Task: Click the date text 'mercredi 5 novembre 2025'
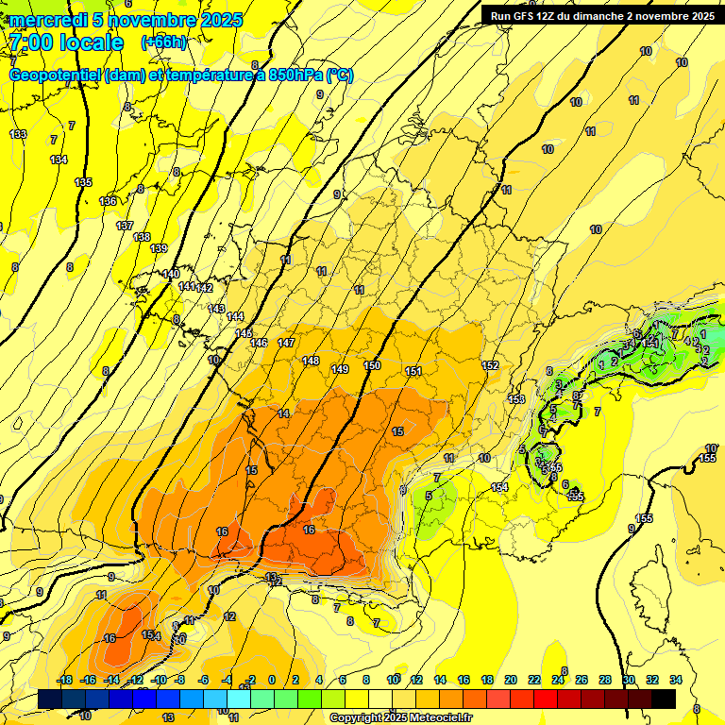(x=126, y=20)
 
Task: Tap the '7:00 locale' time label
(x=67, y=42)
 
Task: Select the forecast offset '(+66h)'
(x=163, y=42)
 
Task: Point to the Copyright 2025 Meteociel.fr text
(x=399, y=717)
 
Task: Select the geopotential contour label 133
(x=18, y=135)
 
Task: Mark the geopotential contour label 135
(x=83, y=182)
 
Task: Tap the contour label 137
(x=125, y=226)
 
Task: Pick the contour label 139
(x=159, y=248)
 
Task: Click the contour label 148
(x=311, y=361)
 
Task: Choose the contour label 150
(x=372, y=365)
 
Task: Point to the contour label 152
(x=490, y=365)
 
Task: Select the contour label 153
(x=516, y=399)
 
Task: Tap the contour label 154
(x=499, y=487)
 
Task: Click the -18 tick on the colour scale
(x=64, y=680)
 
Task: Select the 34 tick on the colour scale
(x=675, y=680)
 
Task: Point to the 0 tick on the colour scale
(x=272, y=680)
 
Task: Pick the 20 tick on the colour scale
(x=511, y=680)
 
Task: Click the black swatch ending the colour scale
(x=664, y=699)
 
